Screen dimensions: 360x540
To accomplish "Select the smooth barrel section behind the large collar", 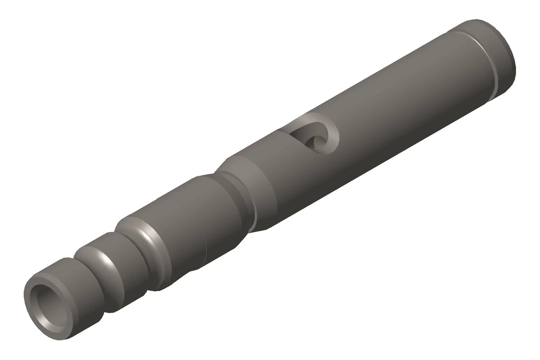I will [178, 231].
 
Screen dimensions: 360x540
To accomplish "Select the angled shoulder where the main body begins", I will [258, 178].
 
